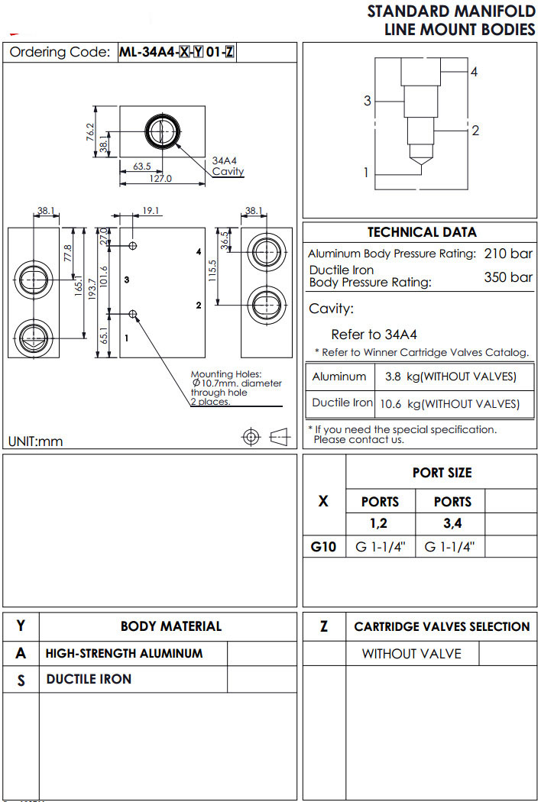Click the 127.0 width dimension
[160, 179]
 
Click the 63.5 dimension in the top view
[141, 166]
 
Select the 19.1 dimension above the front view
[151, 211]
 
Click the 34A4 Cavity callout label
[228, 167]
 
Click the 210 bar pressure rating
[508, 254]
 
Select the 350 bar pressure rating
[508, 276]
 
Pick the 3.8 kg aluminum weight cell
[450, 377]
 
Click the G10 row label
[324, 547]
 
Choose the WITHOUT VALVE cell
[412, 654]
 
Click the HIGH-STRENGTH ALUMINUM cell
[125, 654]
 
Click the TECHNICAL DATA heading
[422, 232]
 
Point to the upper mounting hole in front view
[134, 246]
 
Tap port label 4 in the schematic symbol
[474, 72]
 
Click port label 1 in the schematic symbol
[365, 173]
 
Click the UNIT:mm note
[36, 441]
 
